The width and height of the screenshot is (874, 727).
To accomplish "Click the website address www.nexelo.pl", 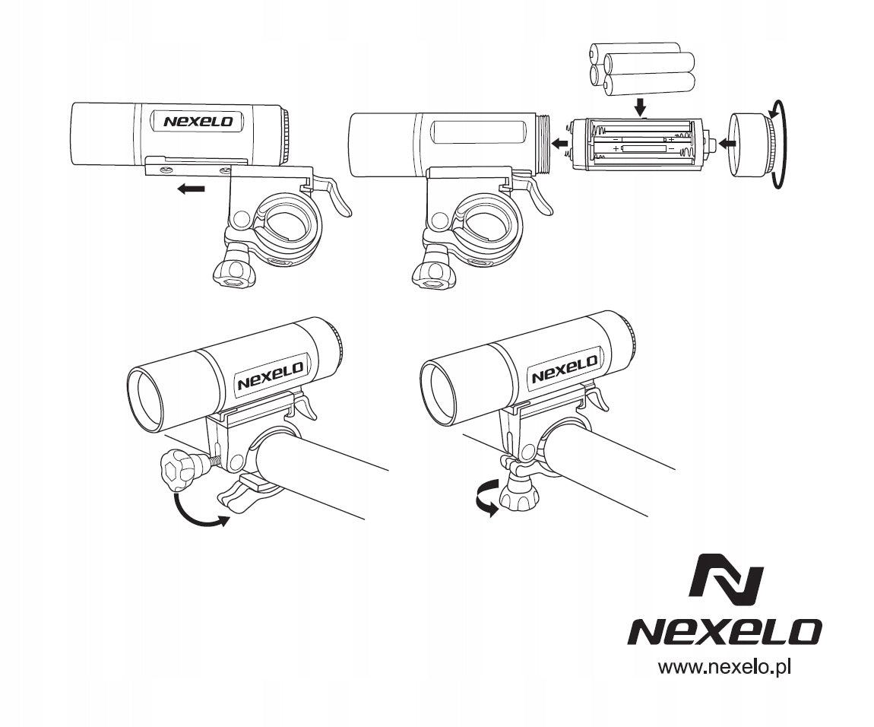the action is click(x=724, y=667).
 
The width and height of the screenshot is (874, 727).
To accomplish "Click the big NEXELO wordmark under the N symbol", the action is click(x=724, y=632).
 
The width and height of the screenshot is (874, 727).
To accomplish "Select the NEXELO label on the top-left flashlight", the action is click(x=198, y=121).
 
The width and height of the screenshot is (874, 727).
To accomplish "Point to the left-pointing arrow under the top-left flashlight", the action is click(x=191, y=189).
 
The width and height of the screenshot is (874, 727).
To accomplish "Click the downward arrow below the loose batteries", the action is click(x=641, y=106).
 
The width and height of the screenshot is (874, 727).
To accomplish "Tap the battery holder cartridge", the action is click(x=640, y=144).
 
